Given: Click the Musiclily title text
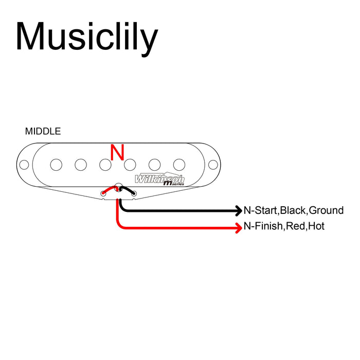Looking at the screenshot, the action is [x=86, y=37].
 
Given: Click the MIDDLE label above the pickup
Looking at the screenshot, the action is [x=43, y=131].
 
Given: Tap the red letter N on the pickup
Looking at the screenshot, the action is [x=118, y=152].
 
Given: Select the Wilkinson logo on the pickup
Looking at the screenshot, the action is [x=159, y=179].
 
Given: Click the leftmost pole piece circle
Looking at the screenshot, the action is [x=56, y=165].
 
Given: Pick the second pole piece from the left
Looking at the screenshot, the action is [x=80, y=165].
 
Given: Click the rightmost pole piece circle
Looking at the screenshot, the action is [x=179, y=165].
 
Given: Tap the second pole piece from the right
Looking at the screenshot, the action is [x=154, y=165].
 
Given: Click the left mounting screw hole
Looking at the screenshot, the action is [x=24, y=165].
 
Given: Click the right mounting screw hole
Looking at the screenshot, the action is [x=211, y=165].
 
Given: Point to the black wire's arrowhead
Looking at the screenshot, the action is [x=239, y=210].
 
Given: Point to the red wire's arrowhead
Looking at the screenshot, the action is [x=239, y=227].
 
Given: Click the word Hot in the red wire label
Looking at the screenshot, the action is [x=316, y=226].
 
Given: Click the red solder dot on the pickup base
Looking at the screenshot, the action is [x=103, y=193].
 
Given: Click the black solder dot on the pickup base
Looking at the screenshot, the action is [x=134, y=193].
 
